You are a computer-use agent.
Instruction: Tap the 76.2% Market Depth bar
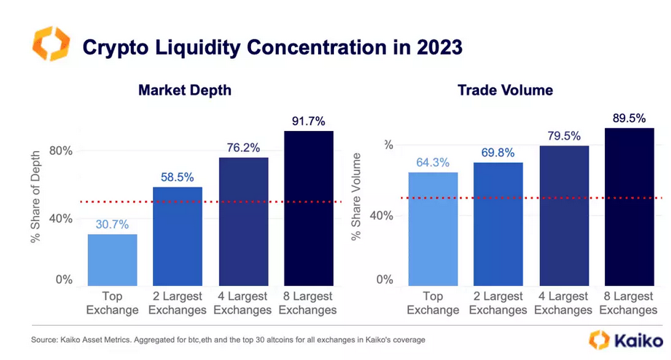[x=243, y=221]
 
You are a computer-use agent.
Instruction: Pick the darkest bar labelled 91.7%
[x=309, y=208]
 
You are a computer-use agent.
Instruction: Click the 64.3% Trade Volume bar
[x=433, y=228]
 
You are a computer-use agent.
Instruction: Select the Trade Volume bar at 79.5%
[x=564, y=215]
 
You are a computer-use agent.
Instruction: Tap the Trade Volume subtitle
[x=505, y=90]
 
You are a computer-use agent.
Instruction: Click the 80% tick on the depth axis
[x=60, y=151]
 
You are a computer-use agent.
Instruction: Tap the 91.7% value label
[x=309, y=120]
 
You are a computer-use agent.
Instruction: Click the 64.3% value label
[x=433, y=161]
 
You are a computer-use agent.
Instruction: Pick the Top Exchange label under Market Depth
[x=112, y=303]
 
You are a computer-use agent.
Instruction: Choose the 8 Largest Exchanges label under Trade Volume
[x=630, y=303]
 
